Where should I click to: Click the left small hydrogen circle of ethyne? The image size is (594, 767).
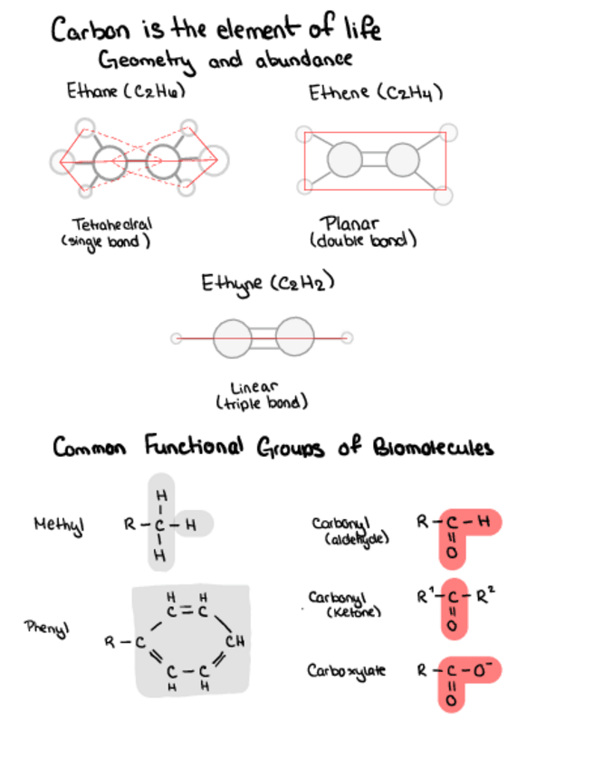(176, 338)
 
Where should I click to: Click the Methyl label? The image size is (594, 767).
(53, 524)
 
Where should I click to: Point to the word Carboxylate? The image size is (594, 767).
(346, 671)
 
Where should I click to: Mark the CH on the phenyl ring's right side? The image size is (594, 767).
(233, 643)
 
